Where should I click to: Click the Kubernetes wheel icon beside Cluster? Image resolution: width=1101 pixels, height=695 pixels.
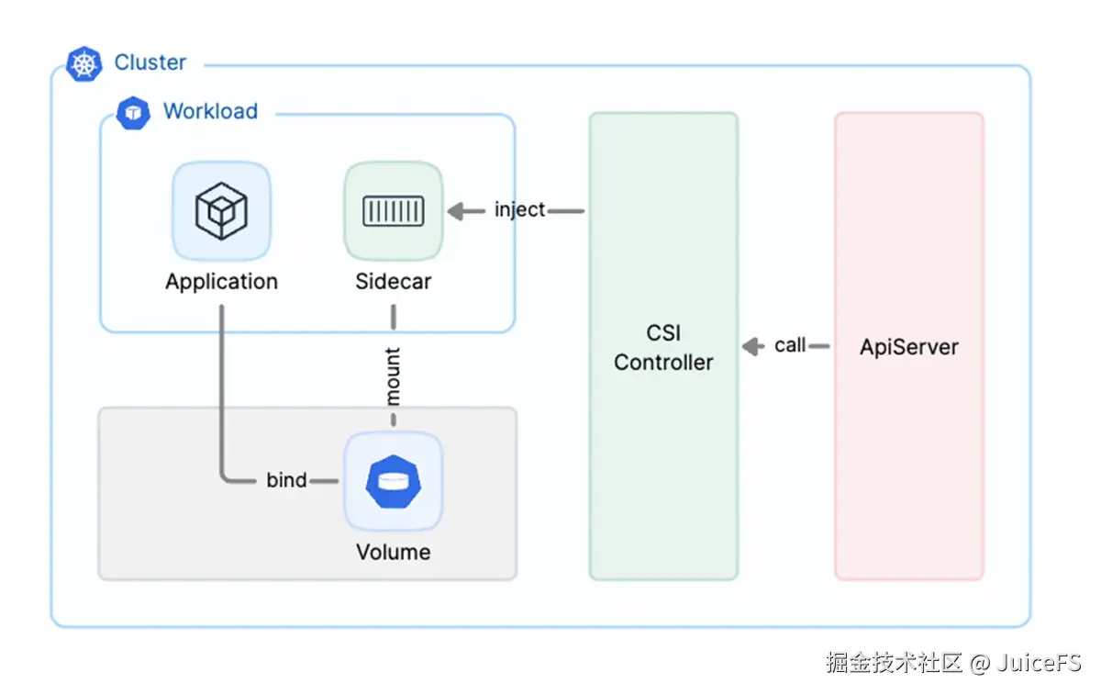84,63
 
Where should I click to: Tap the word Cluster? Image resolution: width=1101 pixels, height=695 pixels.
150,62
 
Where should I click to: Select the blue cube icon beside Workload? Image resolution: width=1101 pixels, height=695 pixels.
133,112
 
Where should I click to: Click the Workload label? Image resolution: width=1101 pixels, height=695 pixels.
210,111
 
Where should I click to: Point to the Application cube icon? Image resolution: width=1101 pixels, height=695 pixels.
221,211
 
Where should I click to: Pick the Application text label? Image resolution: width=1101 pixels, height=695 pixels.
221,281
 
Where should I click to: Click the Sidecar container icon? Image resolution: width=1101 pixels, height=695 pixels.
393,211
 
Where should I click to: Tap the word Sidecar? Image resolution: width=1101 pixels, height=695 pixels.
393,281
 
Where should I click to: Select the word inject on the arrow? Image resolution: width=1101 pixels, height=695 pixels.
519,209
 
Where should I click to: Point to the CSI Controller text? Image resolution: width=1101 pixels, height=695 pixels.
663,348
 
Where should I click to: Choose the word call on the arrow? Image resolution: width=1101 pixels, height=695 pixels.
790,345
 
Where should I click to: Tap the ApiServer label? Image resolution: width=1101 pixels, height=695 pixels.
908,347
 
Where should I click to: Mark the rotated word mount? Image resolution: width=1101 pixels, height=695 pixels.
393,376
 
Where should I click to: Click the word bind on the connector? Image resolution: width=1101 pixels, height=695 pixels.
286,479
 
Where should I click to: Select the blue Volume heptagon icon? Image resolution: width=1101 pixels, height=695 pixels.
393,481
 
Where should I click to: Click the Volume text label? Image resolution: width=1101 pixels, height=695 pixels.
393,552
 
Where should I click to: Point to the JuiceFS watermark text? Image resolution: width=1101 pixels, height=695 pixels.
1041,662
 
